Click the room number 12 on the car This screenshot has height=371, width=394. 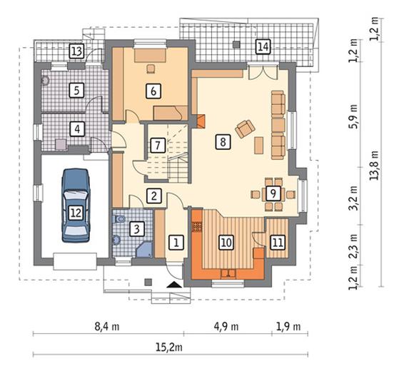[x=76, y=213]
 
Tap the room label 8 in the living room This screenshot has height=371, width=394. [x=223, y=142]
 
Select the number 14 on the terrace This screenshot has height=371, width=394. [x=263, y=46]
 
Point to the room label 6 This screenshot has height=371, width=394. [x=153, y=91]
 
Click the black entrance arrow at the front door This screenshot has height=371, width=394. [x=174, y=285]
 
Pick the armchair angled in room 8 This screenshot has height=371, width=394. [x=245, y=129]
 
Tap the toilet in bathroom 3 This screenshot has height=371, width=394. [x=118, y=219]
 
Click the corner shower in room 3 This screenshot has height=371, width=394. [x=144, y=250]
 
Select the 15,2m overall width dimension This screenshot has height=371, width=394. [x=169, y=347]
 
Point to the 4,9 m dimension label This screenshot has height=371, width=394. [x=226, y=327]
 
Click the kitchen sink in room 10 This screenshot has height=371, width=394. [x=228, y=273]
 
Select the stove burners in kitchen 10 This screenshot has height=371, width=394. [x=197, y=227]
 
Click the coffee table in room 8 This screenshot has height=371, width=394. [x=259, y=146]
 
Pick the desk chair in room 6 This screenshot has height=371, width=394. [x=151, y=68]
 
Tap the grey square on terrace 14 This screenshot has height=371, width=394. [x=236, y=44]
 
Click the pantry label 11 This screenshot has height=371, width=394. [x=278, y=243]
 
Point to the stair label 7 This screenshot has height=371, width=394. [x=158, y=145]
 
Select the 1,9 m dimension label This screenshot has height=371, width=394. [x=288, y=327]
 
